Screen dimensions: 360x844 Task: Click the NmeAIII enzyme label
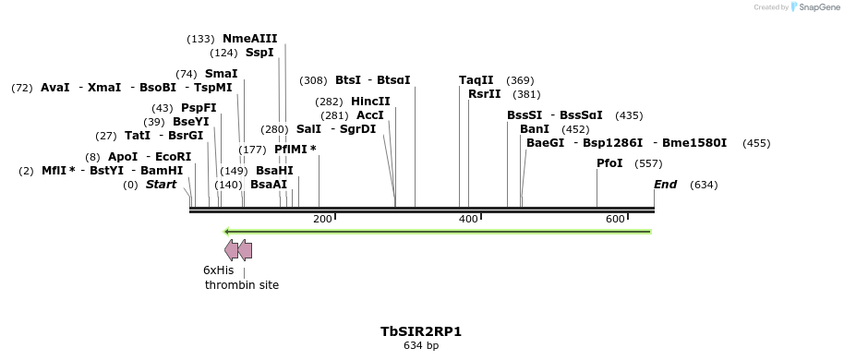coord(249,39)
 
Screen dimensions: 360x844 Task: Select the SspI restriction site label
coord(259,53)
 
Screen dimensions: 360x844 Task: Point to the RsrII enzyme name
coord(484,94)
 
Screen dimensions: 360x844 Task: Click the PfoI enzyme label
coord(609,163)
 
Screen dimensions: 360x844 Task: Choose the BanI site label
coord(535,129)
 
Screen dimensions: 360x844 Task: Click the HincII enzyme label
coord(370,102)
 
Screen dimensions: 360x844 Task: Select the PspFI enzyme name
coord(199,108)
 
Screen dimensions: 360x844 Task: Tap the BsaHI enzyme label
coord(274,171)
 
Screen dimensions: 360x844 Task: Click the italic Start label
coord(161,185)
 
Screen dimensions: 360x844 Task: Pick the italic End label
coord(665,185)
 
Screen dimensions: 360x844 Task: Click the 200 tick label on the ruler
coord(322,219)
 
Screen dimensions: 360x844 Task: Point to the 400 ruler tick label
coord(468,219)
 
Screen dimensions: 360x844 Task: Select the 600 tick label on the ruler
coord(615,219)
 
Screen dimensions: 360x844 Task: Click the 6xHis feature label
coord(218,270)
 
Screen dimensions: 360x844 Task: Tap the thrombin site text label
coord(242,285)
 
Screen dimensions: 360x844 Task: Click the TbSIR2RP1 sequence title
coord(420,330)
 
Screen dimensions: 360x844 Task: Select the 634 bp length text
coord(420,346)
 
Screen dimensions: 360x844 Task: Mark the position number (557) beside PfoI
coord(648,163)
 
